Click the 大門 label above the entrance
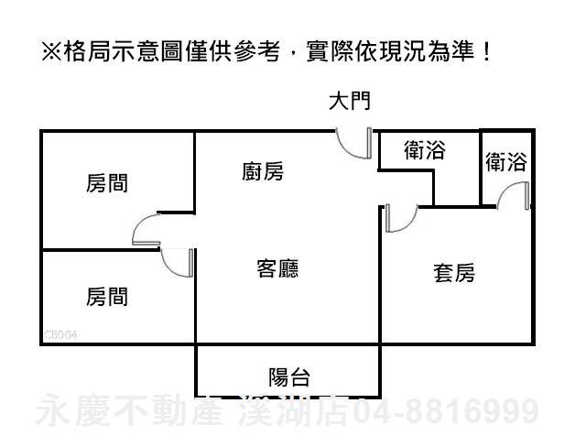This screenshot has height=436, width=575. click(x=349, y=101)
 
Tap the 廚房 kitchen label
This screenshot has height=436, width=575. click(x=263, y=171)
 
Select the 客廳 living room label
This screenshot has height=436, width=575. click(x=277, y=268)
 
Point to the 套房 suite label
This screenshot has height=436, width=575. click(x=453, y=272)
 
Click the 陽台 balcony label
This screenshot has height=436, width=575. click(x=289, y=376)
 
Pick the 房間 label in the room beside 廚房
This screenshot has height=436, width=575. click(x=107, y=183)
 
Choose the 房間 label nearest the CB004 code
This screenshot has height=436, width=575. click(x=107, y=297)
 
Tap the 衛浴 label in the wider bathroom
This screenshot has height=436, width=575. click(x=424, y=150)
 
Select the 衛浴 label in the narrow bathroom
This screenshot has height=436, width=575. click(x=506, y=163)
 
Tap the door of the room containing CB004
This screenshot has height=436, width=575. click(x=178, y=262)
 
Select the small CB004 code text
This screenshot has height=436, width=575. click(x=61, y=336)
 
